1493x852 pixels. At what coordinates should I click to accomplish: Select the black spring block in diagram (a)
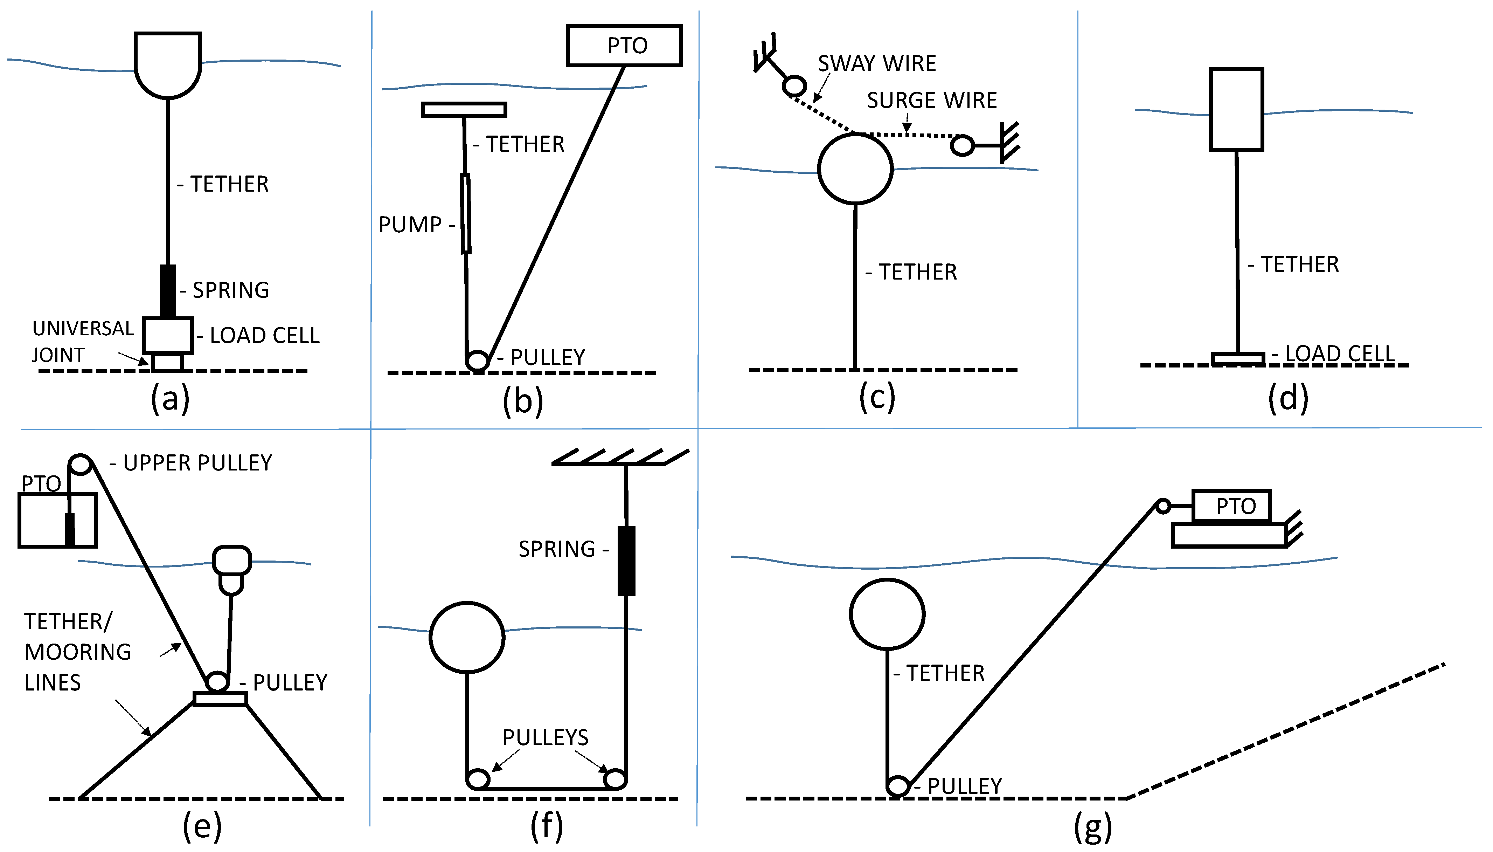pos(167,291)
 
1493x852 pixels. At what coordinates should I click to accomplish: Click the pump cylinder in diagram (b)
pos(465,214)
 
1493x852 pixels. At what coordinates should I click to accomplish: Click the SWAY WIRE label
pos(876,63)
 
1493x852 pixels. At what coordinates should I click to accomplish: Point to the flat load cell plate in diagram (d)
pos(1237,358)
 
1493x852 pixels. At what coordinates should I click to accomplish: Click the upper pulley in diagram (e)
pos(81,465)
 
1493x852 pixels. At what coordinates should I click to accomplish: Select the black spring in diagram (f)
pos(626,561)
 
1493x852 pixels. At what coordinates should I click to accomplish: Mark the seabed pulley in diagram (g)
pos(898,786)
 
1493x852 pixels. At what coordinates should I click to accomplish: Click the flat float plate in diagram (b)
pos(464,109)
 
